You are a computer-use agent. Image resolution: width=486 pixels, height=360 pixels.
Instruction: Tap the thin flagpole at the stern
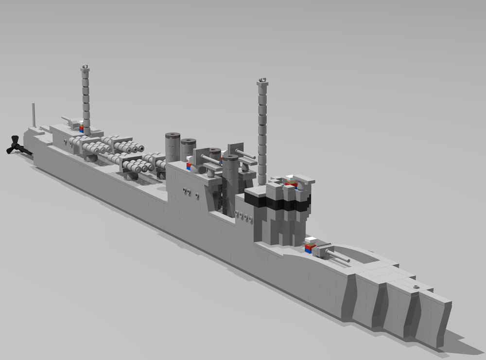[34, 115]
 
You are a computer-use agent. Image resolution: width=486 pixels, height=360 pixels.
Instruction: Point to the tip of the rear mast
[86, 67]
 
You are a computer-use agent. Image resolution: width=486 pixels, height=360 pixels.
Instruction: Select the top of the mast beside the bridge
[262, 79]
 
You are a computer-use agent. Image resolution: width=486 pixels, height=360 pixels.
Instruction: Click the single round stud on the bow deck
[417, 288]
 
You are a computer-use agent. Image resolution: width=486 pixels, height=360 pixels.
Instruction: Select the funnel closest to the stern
[173, 146]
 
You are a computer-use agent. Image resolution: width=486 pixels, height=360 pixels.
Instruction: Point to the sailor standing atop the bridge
[291, 182]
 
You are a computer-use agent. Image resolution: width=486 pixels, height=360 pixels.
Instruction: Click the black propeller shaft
[26, 152]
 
